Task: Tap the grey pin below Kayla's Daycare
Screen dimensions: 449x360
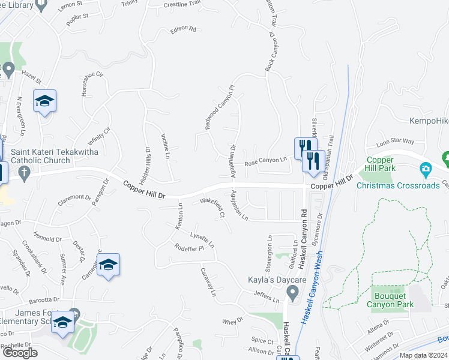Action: click(292, 293)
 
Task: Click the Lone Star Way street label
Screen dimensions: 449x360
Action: click(395, 142)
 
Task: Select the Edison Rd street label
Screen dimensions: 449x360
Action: click(183, 29)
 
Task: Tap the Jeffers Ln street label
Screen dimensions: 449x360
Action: click(267, 296)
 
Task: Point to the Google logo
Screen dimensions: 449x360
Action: click(20, 353)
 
